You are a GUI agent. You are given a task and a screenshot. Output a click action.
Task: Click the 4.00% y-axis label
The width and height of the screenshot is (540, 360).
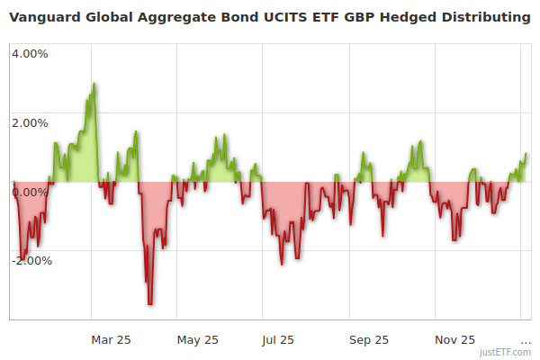point(30,53)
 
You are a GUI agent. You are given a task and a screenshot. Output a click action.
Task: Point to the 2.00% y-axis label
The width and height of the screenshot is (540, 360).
point(30,122)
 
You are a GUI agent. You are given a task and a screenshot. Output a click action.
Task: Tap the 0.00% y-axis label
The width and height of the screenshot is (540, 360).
point(30,192)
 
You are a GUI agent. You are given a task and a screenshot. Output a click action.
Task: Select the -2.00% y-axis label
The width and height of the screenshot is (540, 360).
point(31,261)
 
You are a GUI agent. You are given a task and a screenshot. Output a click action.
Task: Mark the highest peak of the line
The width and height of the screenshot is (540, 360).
point(94,84)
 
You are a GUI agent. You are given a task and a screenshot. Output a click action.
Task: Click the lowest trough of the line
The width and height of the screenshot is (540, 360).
point(150,304)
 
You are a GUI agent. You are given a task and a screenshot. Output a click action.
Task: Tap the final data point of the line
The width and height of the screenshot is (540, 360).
point(526,155)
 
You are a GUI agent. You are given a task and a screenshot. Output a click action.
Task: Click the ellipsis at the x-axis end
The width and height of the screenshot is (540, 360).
point(526,341)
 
